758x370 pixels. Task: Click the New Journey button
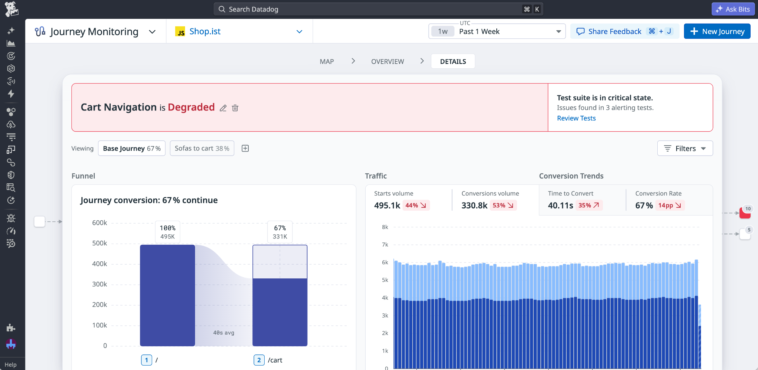[x=717, y=31]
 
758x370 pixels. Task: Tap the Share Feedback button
[x=624, y=31]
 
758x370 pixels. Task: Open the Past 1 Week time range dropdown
[x=497, y=31]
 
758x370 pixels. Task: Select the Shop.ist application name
[x=205, y=31]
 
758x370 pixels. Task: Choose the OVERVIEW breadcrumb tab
[x=388, y=62]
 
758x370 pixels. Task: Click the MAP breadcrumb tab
[x=327, y=62]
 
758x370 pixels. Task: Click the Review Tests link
[x=576, y=118]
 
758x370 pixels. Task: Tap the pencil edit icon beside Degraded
[x=223, y=108]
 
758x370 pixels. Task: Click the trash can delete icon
[x=235, y=108]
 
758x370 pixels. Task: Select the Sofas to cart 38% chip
[x=202, y=148]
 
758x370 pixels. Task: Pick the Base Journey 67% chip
[x=132, y=148]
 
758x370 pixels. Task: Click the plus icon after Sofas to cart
[x=245, y=148]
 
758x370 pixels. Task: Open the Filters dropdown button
[x=685, y=148]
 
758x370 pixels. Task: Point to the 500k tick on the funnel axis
[x=100, y=243]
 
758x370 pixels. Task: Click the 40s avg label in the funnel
[x=224, y=333]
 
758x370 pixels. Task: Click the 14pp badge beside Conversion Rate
[x=670, y=205]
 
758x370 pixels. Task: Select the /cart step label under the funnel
[x=275, y=360]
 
